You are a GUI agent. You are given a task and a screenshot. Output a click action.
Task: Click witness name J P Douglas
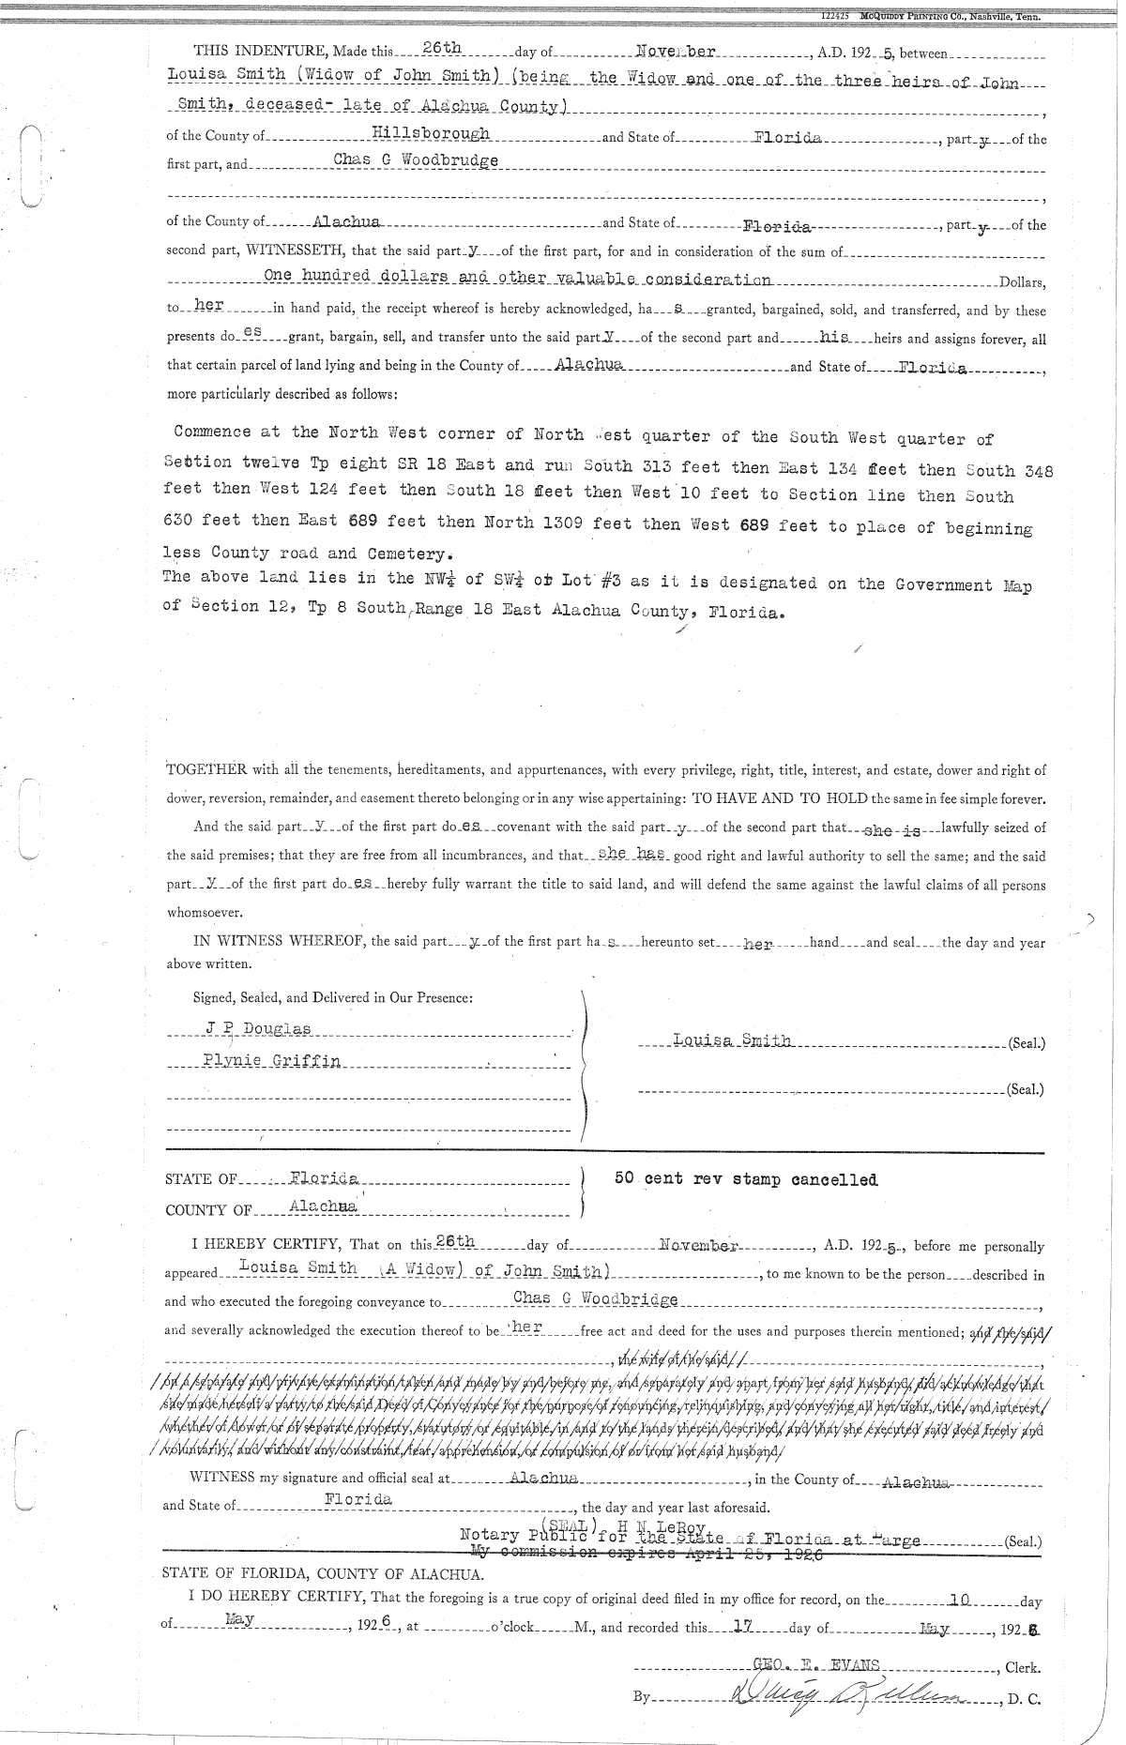coord(258,1029)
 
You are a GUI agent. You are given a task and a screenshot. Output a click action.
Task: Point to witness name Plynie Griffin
coord(272,1060)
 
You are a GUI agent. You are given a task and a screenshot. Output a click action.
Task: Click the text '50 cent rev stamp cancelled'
coord(746,1179)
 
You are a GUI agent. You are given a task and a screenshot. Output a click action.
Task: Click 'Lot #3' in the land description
coord(577,581)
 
